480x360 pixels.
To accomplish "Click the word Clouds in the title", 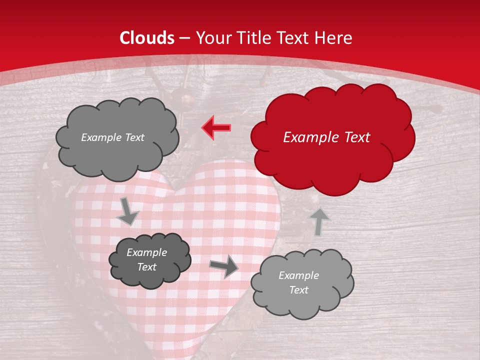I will [x=147, y=38].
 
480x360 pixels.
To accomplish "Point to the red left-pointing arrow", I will [x=216, y=127].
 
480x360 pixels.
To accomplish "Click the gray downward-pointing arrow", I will [x=128, y=211].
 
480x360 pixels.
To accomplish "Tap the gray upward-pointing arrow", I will [x=319, y=221].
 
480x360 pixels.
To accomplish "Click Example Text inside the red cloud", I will [x=326, y=137].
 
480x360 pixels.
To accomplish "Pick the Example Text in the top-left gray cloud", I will [x=112, y=137].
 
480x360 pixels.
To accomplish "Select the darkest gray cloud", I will [x=149, y=260].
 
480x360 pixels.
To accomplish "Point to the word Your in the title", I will [x=211, y=38].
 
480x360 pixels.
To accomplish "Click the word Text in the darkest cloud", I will [x=146, y=267].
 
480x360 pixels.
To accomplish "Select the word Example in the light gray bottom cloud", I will [x=298, y=275].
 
